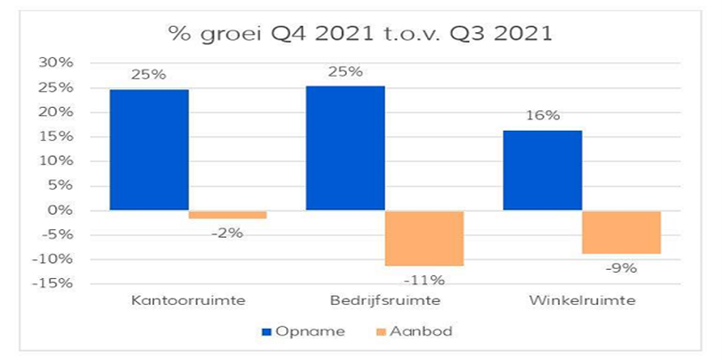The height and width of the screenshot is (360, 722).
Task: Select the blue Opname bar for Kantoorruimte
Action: pos(149,150)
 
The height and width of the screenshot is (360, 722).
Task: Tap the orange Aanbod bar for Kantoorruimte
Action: pos(227,215)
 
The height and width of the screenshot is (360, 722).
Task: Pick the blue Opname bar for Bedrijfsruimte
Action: pos(345,148)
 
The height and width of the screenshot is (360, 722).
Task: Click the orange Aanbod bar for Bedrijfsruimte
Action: pos(424,238)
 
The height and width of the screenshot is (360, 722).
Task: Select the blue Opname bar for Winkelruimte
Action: pos(542,170)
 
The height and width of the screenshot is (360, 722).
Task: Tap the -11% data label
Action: pos(424,279)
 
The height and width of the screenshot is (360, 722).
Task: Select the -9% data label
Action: pos(621,267)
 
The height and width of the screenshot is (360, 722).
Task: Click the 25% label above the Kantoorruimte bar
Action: pos(149,75)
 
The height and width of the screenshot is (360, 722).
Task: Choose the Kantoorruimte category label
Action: pos(188,300)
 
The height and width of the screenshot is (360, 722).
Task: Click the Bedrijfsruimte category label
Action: pos(384,300)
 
